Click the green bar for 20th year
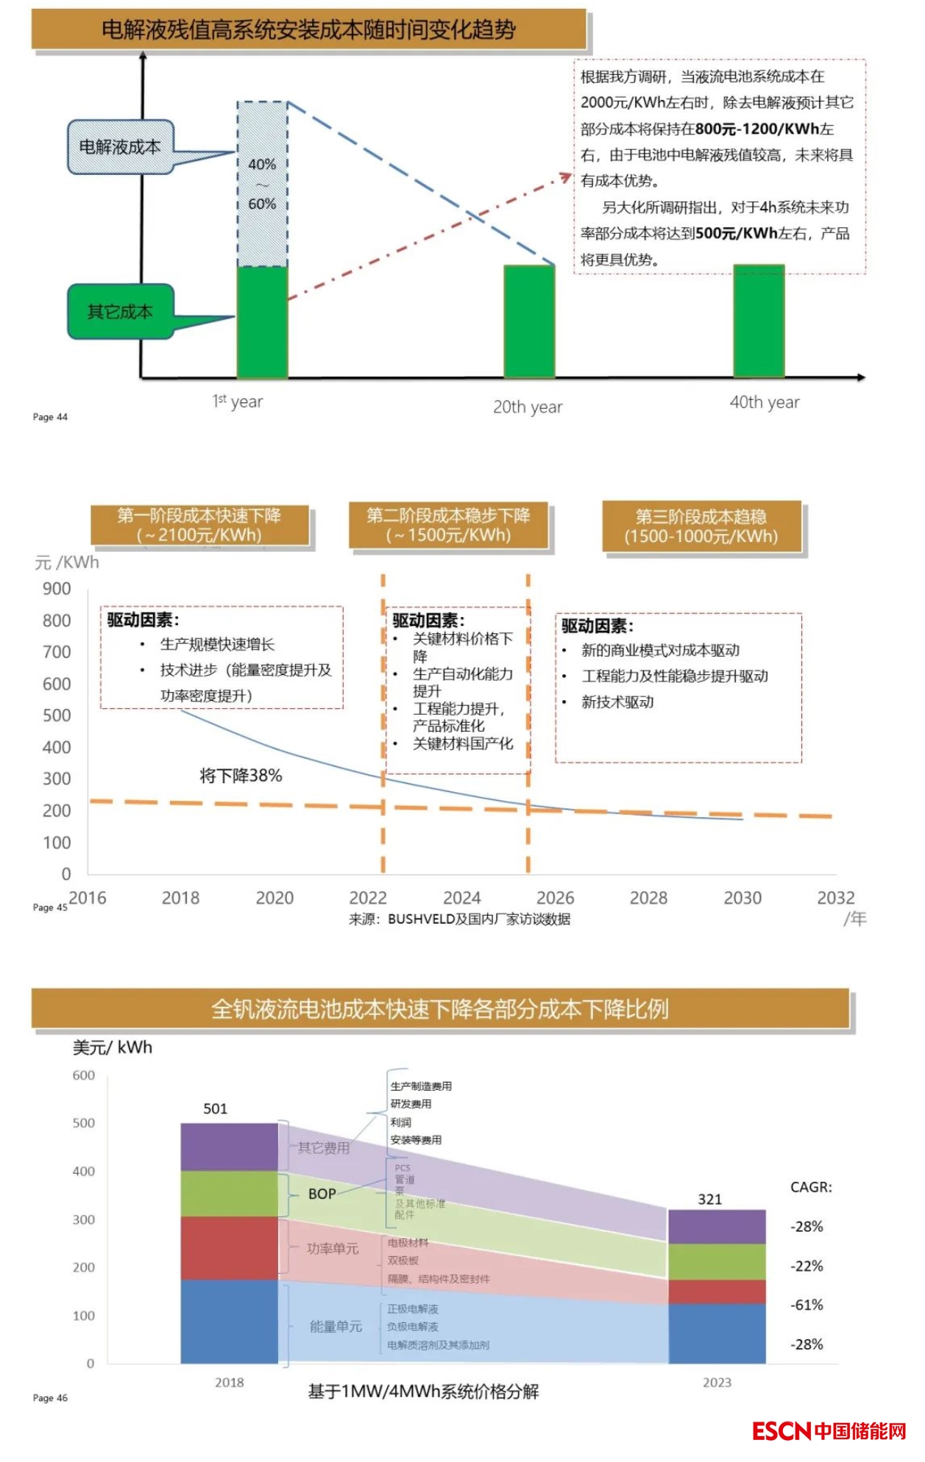click(x=529, y=321)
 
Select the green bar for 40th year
click(x=759, y=321)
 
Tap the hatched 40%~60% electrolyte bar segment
click(x=262, y=184)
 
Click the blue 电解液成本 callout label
click(x=120, y=147)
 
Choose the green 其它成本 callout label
click(x=120, y=312)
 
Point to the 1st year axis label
click(x=237, y=402)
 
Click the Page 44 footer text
click(x=50, y=417)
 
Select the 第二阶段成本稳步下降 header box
click(x=448, y=525)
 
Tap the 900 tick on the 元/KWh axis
click(x=57, y=589)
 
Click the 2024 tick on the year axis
click(x=461, y=898)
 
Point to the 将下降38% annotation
click(x=241, y=776)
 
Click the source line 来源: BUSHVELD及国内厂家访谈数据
click(x=459, y=919)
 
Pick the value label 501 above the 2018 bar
click(x=216, y=1109)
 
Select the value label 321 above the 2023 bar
click(x=709, y=1199)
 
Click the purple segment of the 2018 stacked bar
click(x=229, y=1147)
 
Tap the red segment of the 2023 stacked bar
click(x=717, y=1292)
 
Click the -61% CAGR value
click(x=807, y=1305)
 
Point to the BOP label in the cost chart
click(x=322, y=1194)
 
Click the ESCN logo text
click(x=781, y=1431)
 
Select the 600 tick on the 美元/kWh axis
click(x=83, y=1076)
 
